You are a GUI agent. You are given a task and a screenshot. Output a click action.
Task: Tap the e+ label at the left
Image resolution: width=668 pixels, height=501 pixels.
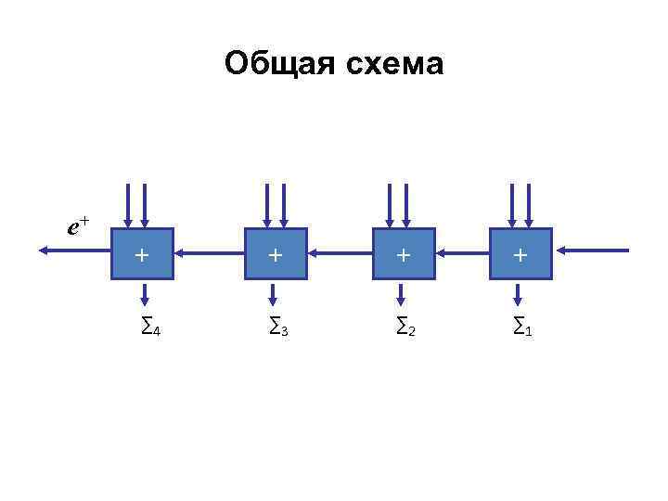coord(78,225)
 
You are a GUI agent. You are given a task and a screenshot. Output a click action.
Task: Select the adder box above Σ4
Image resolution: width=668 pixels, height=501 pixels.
coord(142,253)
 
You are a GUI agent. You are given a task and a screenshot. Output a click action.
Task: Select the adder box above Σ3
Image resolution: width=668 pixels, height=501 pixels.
coord(275,253)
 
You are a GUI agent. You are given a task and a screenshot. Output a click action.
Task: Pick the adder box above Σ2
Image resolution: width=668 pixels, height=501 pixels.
coord(403,253)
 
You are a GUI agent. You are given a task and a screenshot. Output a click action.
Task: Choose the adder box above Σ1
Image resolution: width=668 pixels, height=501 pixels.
coord(520,253)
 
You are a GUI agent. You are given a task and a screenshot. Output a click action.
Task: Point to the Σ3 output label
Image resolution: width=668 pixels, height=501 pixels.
coord(278,326)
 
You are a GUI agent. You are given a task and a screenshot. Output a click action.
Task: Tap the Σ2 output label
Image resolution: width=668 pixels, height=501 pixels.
coord(405,326)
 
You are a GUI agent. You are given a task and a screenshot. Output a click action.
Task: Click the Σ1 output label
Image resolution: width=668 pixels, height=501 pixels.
coord(523,326)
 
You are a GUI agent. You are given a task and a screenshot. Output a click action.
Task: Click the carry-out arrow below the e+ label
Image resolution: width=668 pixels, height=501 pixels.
coord(75,250)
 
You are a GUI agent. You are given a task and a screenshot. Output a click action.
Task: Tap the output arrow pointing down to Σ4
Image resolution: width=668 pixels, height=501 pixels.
coord(143,294)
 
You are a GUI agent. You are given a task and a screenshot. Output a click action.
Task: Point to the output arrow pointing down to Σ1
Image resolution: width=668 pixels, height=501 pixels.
coord(519,294)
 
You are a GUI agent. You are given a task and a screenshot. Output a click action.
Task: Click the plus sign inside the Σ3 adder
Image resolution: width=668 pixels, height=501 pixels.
coord(275,253)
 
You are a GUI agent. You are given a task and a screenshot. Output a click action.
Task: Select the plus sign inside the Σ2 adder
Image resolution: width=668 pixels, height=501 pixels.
coord(403,253)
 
